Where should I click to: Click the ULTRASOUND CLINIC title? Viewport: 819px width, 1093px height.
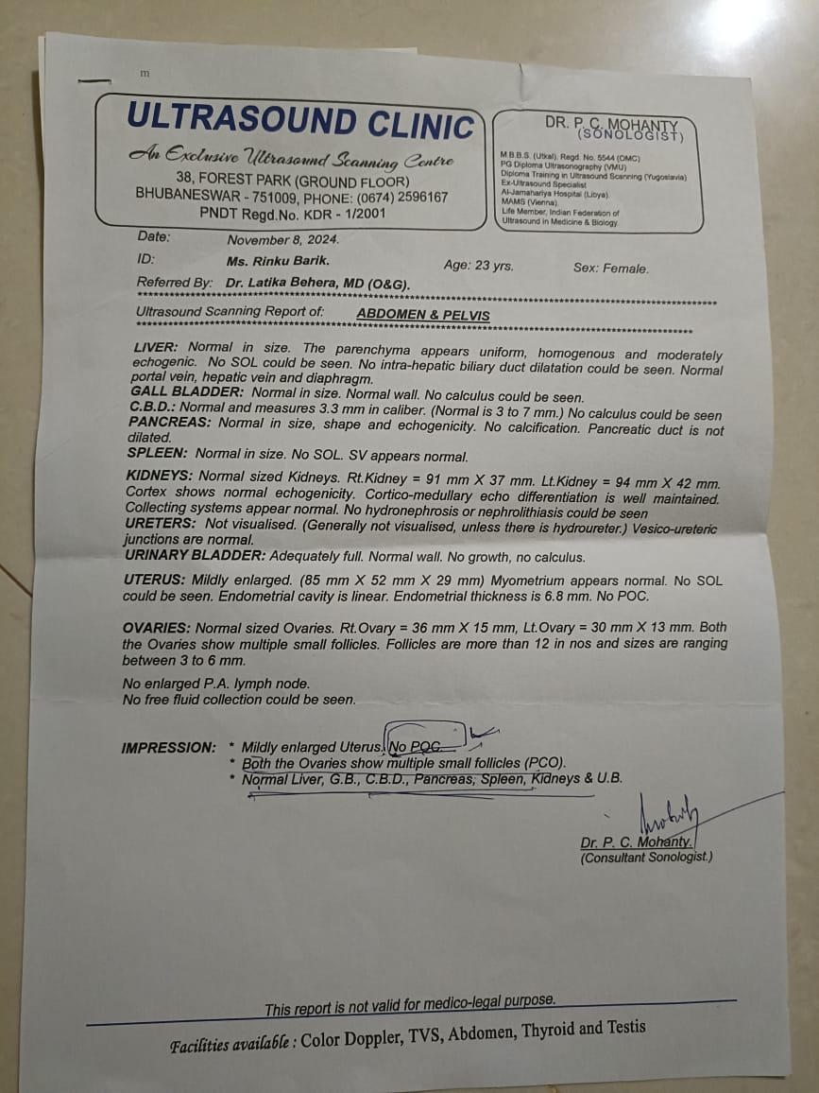[x=299, y=121]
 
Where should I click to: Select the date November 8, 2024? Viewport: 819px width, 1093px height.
[x=282, y=240]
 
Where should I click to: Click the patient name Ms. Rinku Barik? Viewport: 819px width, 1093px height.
[x=278, y=260]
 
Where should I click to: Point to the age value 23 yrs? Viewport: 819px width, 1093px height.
[x=495, y=266]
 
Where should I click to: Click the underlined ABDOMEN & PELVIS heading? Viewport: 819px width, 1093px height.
[x=422, y=315]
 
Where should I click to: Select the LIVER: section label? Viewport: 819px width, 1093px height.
[x=156, y=348]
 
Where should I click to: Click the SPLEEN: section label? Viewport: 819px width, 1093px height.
[x=158, y=454]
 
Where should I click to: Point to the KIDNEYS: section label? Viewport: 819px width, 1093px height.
[x=160, y=476]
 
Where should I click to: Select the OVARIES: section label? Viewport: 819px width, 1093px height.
[x=158, y=627]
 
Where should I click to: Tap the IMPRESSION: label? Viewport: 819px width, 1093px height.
[x=168, y=747]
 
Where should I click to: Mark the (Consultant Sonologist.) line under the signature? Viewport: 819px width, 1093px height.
[x=646, y=858]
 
